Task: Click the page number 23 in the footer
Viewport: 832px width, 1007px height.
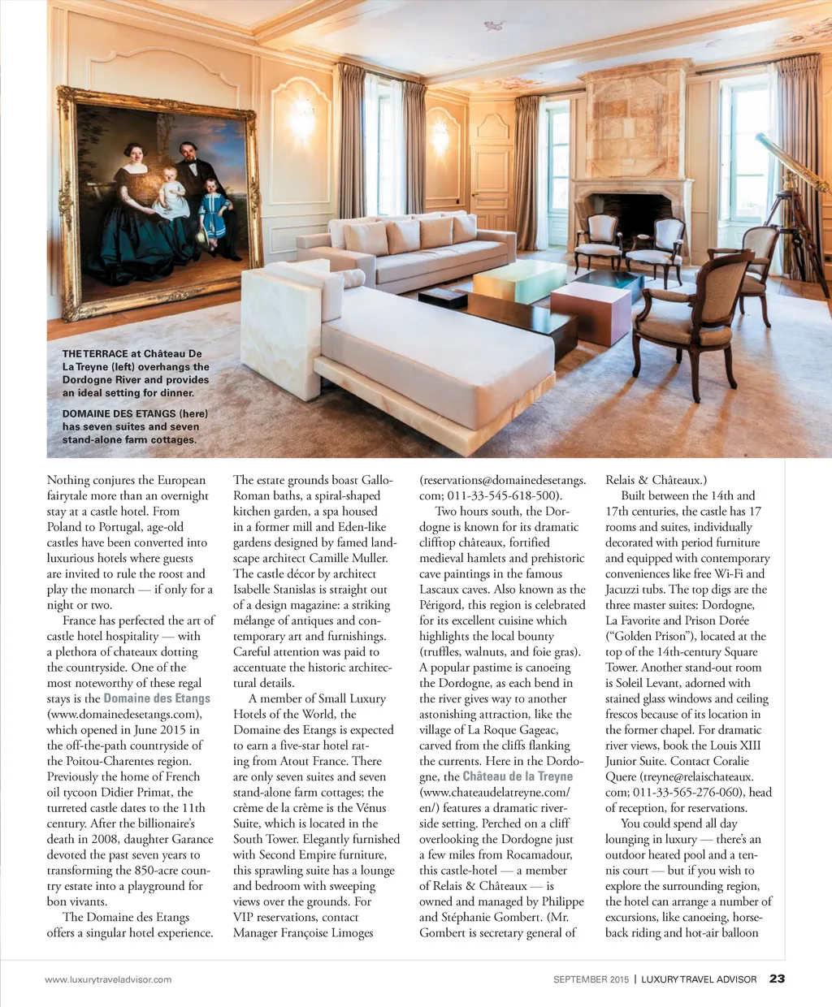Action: [777, 979]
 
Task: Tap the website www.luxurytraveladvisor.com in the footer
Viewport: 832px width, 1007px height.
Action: [108, 979]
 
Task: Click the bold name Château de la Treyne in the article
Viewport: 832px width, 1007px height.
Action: [518, 776]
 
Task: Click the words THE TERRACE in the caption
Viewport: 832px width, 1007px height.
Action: [95, 354]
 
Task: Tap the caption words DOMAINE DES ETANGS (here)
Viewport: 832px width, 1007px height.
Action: [135, 413]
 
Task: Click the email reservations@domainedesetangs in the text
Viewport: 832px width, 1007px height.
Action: [502, 480]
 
